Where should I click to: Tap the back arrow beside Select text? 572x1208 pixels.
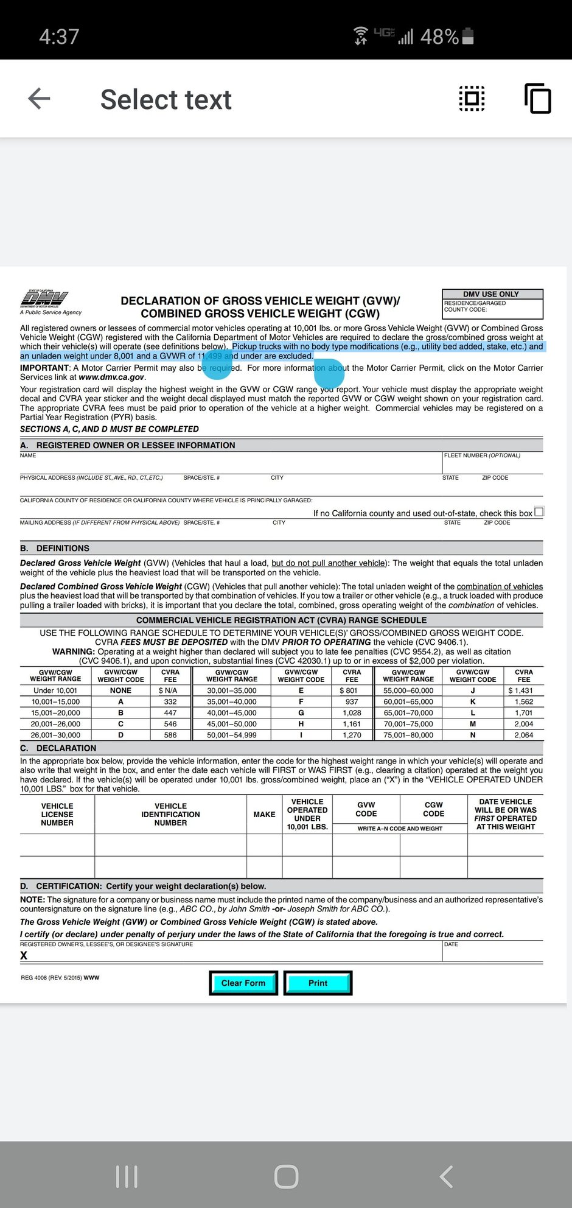(40, 99)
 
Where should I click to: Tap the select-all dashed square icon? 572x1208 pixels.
(472, 98)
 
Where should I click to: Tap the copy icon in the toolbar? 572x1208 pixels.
(538, 99)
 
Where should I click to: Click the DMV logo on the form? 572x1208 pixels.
(44, 300)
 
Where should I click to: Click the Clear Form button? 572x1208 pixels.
(243, 983)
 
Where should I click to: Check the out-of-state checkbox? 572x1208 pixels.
(539, 511)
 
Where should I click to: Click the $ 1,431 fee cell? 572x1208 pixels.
(521, 690)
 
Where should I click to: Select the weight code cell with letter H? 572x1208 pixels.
(301, 724)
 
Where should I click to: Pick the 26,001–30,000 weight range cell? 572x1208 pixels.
(55, 735)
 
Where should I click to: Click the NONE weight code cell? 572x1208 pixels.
(120, 690)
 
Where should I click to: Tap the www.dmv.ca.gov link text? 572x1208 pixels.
(111, 377)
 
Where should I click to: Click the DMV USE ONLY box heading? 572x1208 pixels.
(491, 294)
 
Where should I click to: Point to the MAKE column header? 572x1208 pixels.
(264, 814)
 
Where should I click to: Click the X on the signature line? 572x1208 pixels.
(24, 955)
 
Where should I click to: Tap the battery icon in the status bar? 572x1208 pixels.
(468, 37)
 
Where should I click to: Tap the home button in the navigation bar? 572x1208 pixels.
(286, 1176)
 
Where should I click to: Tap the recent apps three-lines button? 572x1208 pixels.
(127, 1176)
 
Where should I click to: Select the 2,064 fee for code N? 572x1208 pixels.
(523, 735)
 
